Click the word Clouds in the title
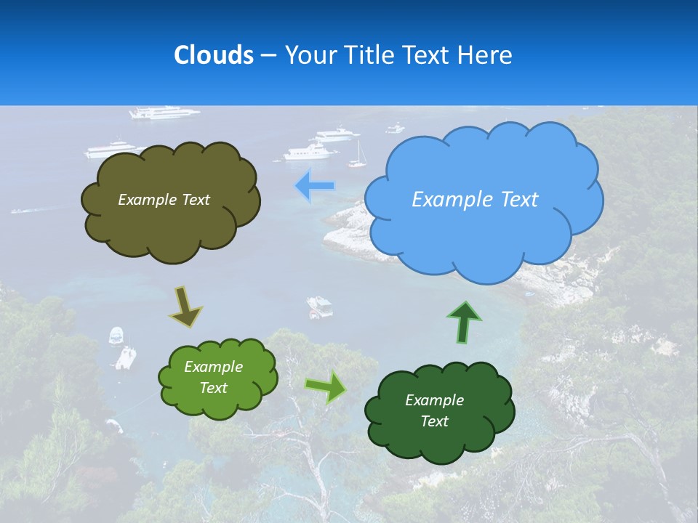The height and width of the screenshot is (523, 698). coord(213,55)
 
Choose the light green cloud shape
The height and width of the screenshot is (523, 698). coord(217,378)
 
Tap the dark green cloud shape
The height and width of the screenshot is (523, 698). coord(439,411)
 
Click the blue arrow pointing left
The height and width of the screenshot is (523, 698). coord(315,186)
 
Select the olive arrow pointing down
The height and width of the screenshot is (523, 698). coord(186,306)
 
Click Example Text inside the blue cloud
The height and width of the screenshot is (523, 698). coord(475,200)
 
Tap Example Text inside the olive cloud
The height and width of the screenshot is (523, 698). coord(164,200)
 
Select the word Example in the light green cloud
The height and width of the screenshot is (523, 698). coord(213,367)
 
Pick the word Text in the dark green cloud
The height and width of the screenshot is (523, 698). coord(434,421)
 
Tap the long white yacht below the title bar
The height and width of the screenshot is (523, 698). coord(164,113)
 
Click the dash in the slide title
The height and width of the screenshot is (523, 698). coord(268,55)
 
